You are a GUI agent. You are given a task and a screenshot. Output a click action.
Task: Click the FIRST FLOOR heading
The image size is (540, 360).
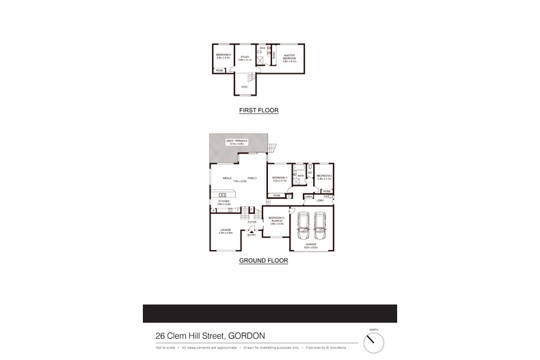click(258, 110)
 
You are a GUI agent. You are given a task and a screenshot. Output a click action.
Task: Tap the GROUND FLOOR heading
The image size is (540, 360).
click(262, 261)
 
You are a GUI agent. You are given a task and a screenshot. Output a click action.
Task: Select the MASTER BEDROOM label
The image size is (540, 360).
click(289, 57)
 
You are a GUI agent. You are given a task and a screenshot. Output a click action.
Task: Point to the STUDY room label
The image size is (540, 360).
click(245, 57)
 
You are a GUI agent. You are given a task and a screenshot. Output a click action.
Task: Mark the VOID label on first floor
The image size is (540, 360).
click(244, 87)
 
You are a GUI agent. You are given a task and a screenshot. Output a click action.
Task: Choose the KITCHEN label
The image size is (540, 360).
click(224, 202)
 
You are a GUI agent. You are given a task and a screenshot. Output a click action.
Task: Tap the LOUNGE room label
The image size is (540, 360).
click(226, 232)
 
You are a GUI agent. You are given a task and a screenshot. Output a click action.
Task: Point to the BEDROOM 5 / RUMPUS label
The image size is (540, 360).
click(276, 221)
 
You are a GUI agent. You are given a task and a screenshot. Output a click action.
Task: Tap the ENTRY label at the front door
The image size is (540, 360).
click(252, 235)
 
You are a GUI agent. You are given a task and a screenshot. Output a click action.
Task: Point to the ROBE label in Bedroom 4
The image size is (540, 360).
click(219, 70)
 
